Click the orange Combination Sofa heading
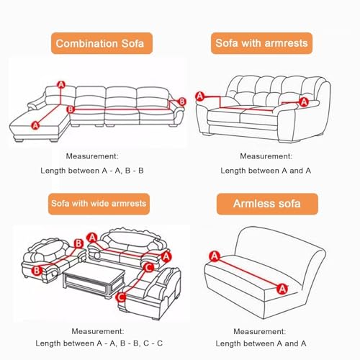[102, 43]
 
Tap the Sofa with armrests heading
[261, 43]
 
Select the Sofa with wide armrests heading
[99, 204]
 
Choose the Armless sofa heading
[267, 204]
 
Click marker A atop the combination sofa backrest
[61, 85]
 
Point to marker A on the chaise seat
[35, 125]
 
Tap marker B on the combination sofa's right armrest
[182, 102]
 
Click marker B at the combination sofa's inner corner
[71, 109]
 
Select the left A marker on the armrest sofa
[200, 96]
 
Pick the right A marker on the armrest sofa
[304, 102]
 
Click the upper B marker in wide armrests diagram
[78, 243]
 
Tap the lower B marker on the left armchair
[37, 271]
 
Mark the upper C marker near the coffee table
[149, 267]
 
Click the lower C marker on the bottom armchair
[121, 297]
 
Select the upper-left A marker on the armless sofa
[215, 256]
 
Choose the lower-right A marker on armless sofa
[282, 289]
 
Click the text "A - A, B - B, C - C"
[130, 343]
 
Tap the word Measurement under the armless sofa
[260, 331]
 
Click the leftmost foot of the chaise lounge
[19, 140]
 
